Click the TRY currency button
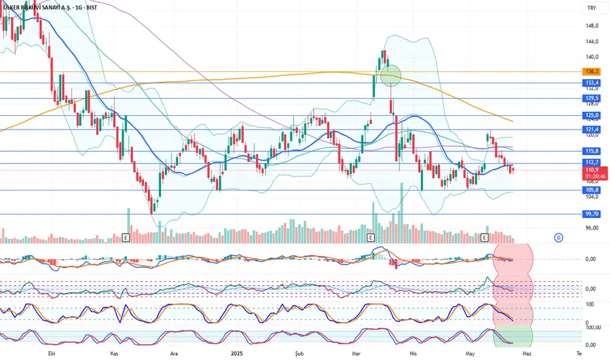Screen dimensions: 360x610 pos(592,8)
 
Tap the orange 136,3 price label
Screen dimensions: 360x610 pos(591,71)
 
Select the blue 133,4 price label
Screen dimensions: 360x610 pos(591,83)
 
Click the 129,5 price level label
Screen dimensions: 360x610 pos(591,98)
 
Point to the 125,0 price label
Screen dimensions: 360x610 pos(591,116)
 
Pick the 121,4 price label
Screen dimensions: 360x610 pos(591,130)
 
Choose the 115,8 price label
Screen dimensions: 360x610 pos(591,151)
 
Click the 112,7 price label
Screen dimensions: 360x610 pos(591,163)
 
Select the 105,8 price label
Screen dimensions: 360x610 pos(591,190)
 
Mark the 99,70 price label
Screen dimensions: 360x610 pos(591,214)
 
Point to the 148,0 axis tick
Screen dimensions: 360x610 pos(592,26)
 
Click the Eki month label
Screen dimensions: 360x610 pos(47,352)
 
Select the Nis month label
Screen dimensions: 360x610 pos(413,352)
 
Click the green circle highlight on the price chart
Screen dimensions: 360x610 pos(390,75)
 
